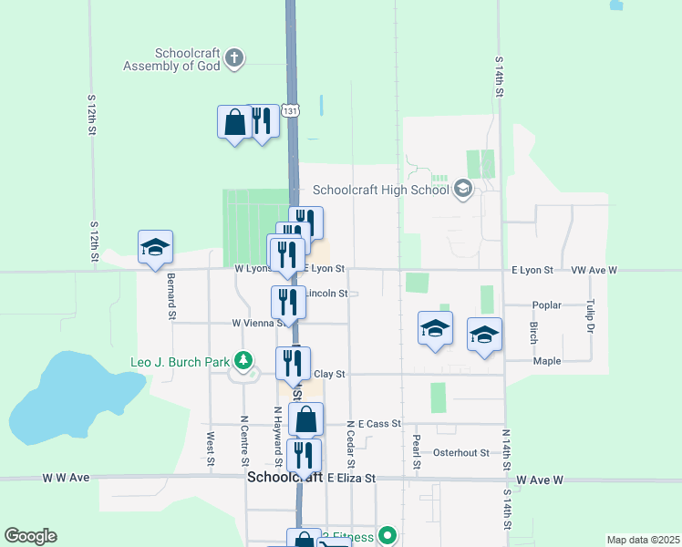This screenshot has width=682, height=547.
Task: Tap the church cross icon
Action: tap(234, 59)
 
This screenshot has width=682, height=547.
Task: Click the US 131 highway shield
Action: tap(289, 110)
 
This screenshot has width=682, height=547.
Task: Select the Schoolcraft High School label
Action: tap(381, 191)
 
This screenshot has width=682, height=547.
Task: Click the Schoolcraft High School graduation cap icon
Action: tap(462, 190)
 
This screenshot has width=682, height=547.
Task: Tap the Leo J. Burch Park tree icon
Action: tap(243, 361)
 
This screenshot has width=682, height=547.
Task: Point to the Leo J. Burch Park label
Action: tap(179, 362)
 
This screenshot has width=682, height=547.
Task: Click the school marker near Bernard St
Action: tap(155, 248)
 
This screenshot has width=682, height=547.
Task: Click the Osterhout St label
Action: tap(460, 452)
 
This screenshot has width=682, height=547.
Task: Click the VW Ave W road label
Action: tap(594, 271)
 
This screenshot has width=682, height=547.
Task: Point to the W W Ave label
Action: tap(66, 477)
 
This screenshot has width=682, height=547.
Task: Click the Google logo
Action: tap(30, 536)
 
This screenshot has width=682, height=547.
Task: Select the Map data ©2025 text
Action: tap(642, 540)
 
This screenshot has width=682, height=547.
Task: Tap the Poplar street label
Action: tap(546, 305)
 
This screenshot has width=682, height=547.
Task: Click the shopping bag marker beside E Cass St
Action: tap(305, 420)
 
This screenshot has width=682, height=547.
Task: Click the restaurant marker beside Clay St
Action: tap(293, 364)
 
